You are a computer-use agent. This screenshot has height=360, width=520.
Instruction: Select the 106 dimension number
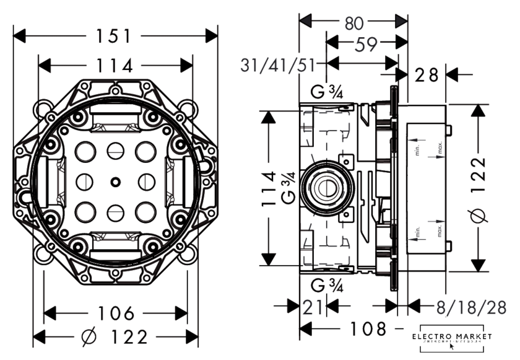(x=116, y=313)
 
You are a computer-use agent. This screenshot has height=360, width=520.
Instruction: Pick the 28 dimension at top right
(x=427, y=76)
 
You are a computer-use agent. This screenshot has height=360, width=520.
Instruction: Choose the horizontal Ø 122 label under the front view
(x=115, y=338)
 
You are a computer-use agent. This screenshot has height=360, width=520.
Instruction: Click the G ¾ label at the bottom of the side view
(x=327, y=286)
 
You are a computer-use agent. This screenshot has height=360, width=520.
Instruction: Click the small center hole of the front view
(x=115, y=182)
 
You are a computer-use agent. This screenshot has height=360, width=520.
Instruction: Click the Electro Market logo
(x=455, y=338)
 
